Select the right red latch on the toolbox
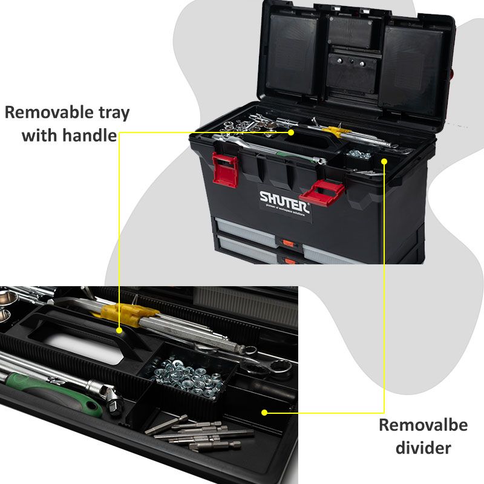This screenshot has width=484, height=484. [x=322, y=193]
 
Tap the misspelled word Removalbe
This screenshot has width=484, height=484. [x=423, y=425]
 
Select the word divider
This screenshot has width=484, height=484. [x=423, y=448]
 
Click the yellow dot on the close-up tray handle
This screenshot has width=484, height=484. [x=120, y=330]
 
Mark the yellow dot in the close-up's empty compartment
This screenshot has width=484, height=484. [x=264, y=413]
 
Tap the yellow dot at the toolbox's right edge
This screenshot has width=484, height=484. [x=384, y=161]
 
